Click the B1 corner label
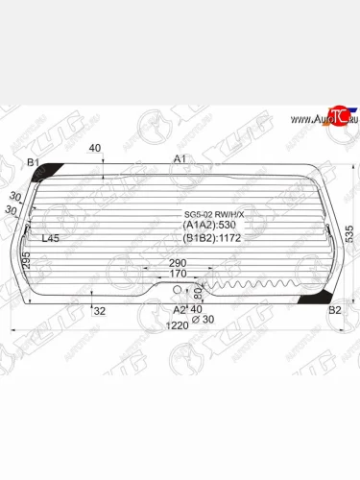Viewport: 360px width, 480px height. tap(33, 163)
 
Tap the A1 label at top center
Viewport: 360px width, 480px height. tap(180, 158)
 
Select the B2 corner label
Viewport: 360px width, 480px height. tap(334, 310)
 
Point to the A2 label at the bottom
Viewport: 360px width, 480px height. tap(179, 310)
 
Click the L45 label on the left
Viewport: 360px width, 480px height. tap(51, 237)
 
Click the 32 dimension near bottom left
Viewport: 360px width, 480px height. tap(99, 310)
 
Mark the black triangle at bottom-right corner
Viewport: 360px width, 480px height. tap(312, 300)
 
